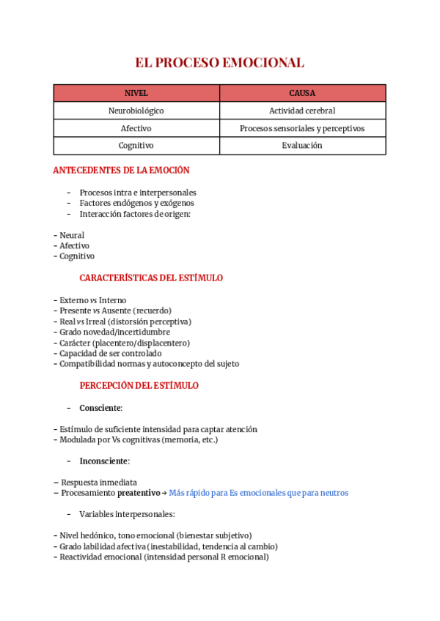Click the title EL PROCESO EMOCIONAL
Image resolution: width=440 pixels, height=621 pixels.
219,62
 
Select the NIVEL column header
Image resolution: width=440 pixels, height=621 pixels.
136,93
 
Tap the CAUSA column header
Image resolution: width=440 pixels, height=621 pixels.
302,93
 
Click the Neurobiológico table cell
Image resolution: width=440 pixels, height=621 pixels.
136,111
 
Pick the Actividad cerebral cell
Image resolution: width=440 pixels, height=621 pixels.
302,111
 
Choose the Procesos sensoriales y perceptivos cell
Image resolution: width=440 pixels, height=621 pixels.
302,128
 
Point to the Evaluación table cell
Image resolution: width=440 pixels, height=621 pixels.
302,146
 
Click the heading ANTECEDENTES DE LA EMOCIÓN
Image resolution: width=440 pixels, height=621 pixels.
121,171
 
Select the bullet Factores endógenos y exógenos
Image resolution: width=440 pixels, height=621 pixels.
136,203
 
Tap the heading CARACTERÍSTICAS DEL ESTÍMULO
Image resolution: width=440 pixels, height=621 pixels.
151,278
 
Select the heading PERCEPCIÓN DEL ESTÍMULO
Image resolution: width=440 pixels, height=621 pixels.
139,386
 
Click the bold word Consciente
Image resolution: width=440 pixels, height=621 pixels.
100,407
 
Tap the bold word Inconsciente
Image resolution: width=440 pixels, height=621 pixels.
104,461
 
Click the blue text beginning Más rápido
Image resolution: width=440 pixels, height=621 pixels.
258,494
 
